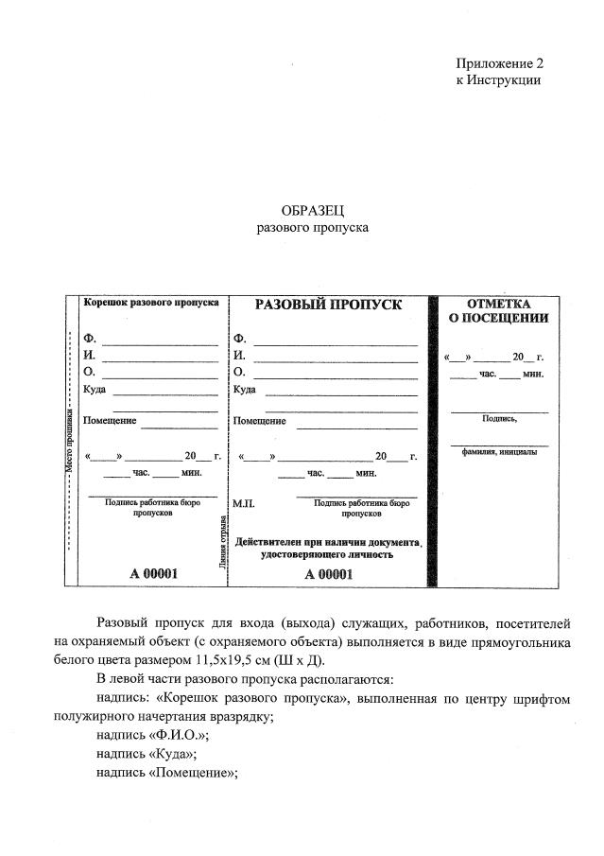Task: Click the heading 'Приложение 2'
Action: [499, 64]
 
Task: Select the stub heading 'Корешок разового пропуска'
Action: [151, 303]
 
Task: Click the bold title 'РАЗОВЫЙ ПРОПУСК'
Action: [328, 305]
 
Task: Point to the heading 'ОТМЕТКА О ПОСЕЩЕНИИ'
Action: [498, 310]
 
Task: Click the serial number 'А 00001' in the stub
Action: [152, 573]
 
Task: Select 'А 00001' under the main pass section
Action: [327, 573]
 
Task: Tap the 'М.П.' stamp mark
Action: [243, 504]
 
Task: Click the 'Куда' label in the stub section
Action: [95, 390]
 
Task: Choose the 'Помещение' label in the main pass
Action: [260, 421]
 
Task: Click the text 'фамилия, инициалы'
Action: [499, 451]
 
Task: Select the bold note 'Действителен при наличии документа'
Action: [327, 542]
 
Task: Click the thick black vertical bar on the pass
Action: [434, 440]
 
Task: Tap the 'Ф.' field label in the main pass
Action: [239, 339]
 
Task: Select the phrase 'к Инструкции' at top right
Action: [497, 81]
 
